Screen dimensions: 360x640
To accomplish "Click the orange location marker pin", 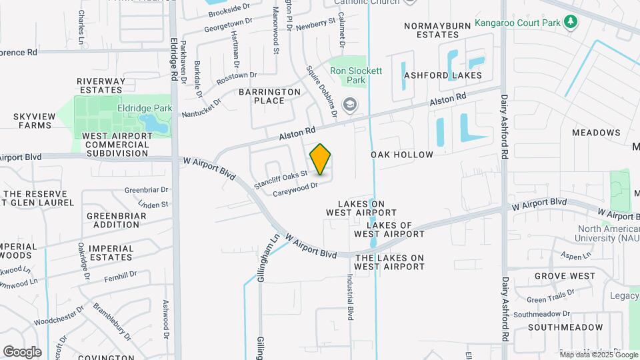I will [x=321, y=159].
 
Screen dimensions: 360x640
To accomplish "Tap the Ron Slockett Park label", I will [x=357, y=75].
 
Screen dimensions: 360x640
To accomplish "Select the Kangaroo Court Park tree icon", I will [x=570, y=23].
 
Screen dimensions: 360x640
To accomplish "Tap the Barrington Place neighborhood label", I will [x=271, y=96].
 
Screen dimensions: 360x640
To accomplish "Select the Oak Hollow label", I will [x=402, y=155].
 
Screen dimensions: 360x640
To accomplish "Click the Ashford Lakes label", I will [x=443, y=75].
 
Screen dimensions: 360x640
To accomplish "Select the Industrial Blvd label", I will [x=349, y=297].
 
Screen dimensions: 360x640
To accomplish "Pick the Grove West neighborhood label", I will [x=564, y=276].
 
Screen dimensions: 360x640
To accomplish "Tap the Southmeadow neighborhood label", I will [x=565, y=327].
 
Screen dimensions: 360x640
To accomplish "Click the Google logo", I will [x=22, y=352].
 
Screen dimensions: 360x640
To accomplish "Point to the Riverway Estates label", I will [x=101, y=85].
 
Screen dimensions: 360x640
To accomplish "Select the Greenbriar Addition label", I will [x=113, y=220].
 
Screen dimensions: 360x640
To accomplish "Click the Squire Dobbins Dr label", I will [x=322, y=90].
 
